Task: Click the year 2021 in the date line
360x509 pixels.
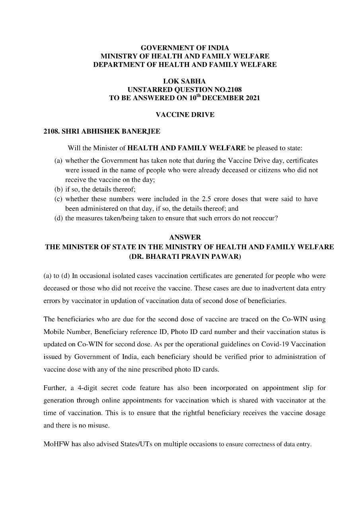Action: point(251,98)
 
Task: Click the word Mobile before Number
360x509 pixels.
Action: point(54,332)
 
